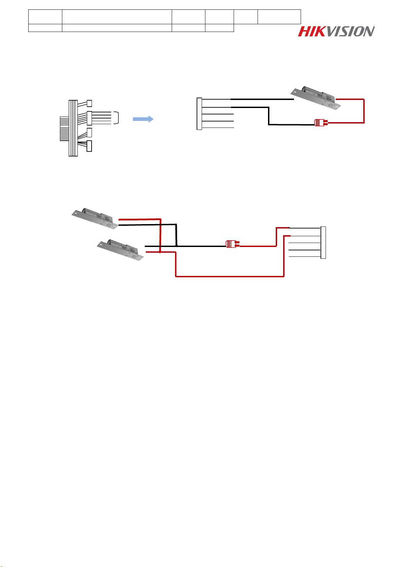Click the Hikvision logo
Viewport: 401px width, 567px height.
336,32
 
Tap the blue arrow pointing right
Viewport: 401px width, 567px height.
143,119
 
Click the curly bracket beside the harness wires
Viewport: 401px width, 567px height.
116,118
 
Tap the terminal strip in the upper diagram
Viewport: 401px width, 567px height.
199,114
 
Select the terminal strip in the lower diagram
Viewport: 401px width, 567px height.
323,243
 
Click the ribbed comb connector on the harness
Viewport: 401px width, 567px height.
64,129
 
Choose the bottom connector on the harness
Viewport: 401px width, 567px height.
89,146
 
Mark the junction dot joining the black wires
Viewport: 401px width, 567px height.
176,246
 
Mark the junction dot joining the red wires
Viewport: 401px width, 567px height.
160,252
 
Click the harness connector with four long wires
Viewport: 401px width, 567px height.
89,118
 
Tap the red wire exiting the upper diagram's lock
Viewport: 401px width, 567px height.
364,111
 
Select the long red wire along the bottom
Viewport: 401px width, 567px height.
229,277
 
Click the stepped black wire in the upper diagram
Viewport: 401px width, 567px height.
268,116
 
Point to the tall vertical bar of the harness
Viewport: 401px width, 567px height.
73,128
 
